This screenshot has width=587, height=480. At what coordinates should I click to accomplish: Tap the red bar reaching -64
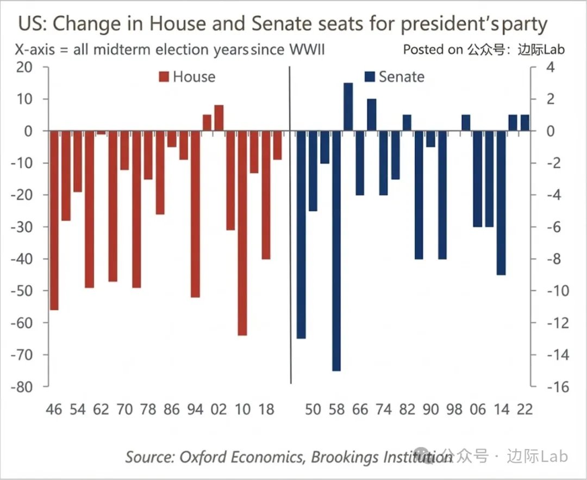pos(242,233)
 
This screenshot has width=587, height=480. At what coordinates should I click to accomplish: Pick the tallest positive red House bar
pos(219,118)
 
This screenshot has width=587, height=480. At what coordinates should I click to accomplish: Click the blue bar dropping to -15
pos(336,251)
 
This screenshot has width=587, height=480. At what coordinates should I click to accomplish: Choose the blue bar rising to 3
pos(348,107)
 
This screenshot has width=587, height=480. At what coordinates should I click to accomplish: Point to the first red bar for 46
pos(54,220)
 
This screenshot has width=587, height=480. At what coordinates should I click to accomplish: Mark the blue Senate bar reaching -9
pos(501,203)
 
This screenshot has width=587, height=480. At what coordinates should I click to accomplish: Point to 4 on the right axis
pos(549,67)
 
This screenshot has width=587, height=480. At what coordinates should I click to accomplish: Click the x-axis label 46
pos(54,409)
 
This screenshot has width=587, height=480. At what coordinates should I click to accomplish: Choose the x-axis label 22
pos(524,409)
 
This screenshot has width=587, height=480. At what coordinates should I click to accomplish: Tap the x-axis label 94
pos(195,409)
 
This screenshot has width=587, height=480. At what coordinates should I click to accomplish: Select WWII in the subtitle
pos(307,50)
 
